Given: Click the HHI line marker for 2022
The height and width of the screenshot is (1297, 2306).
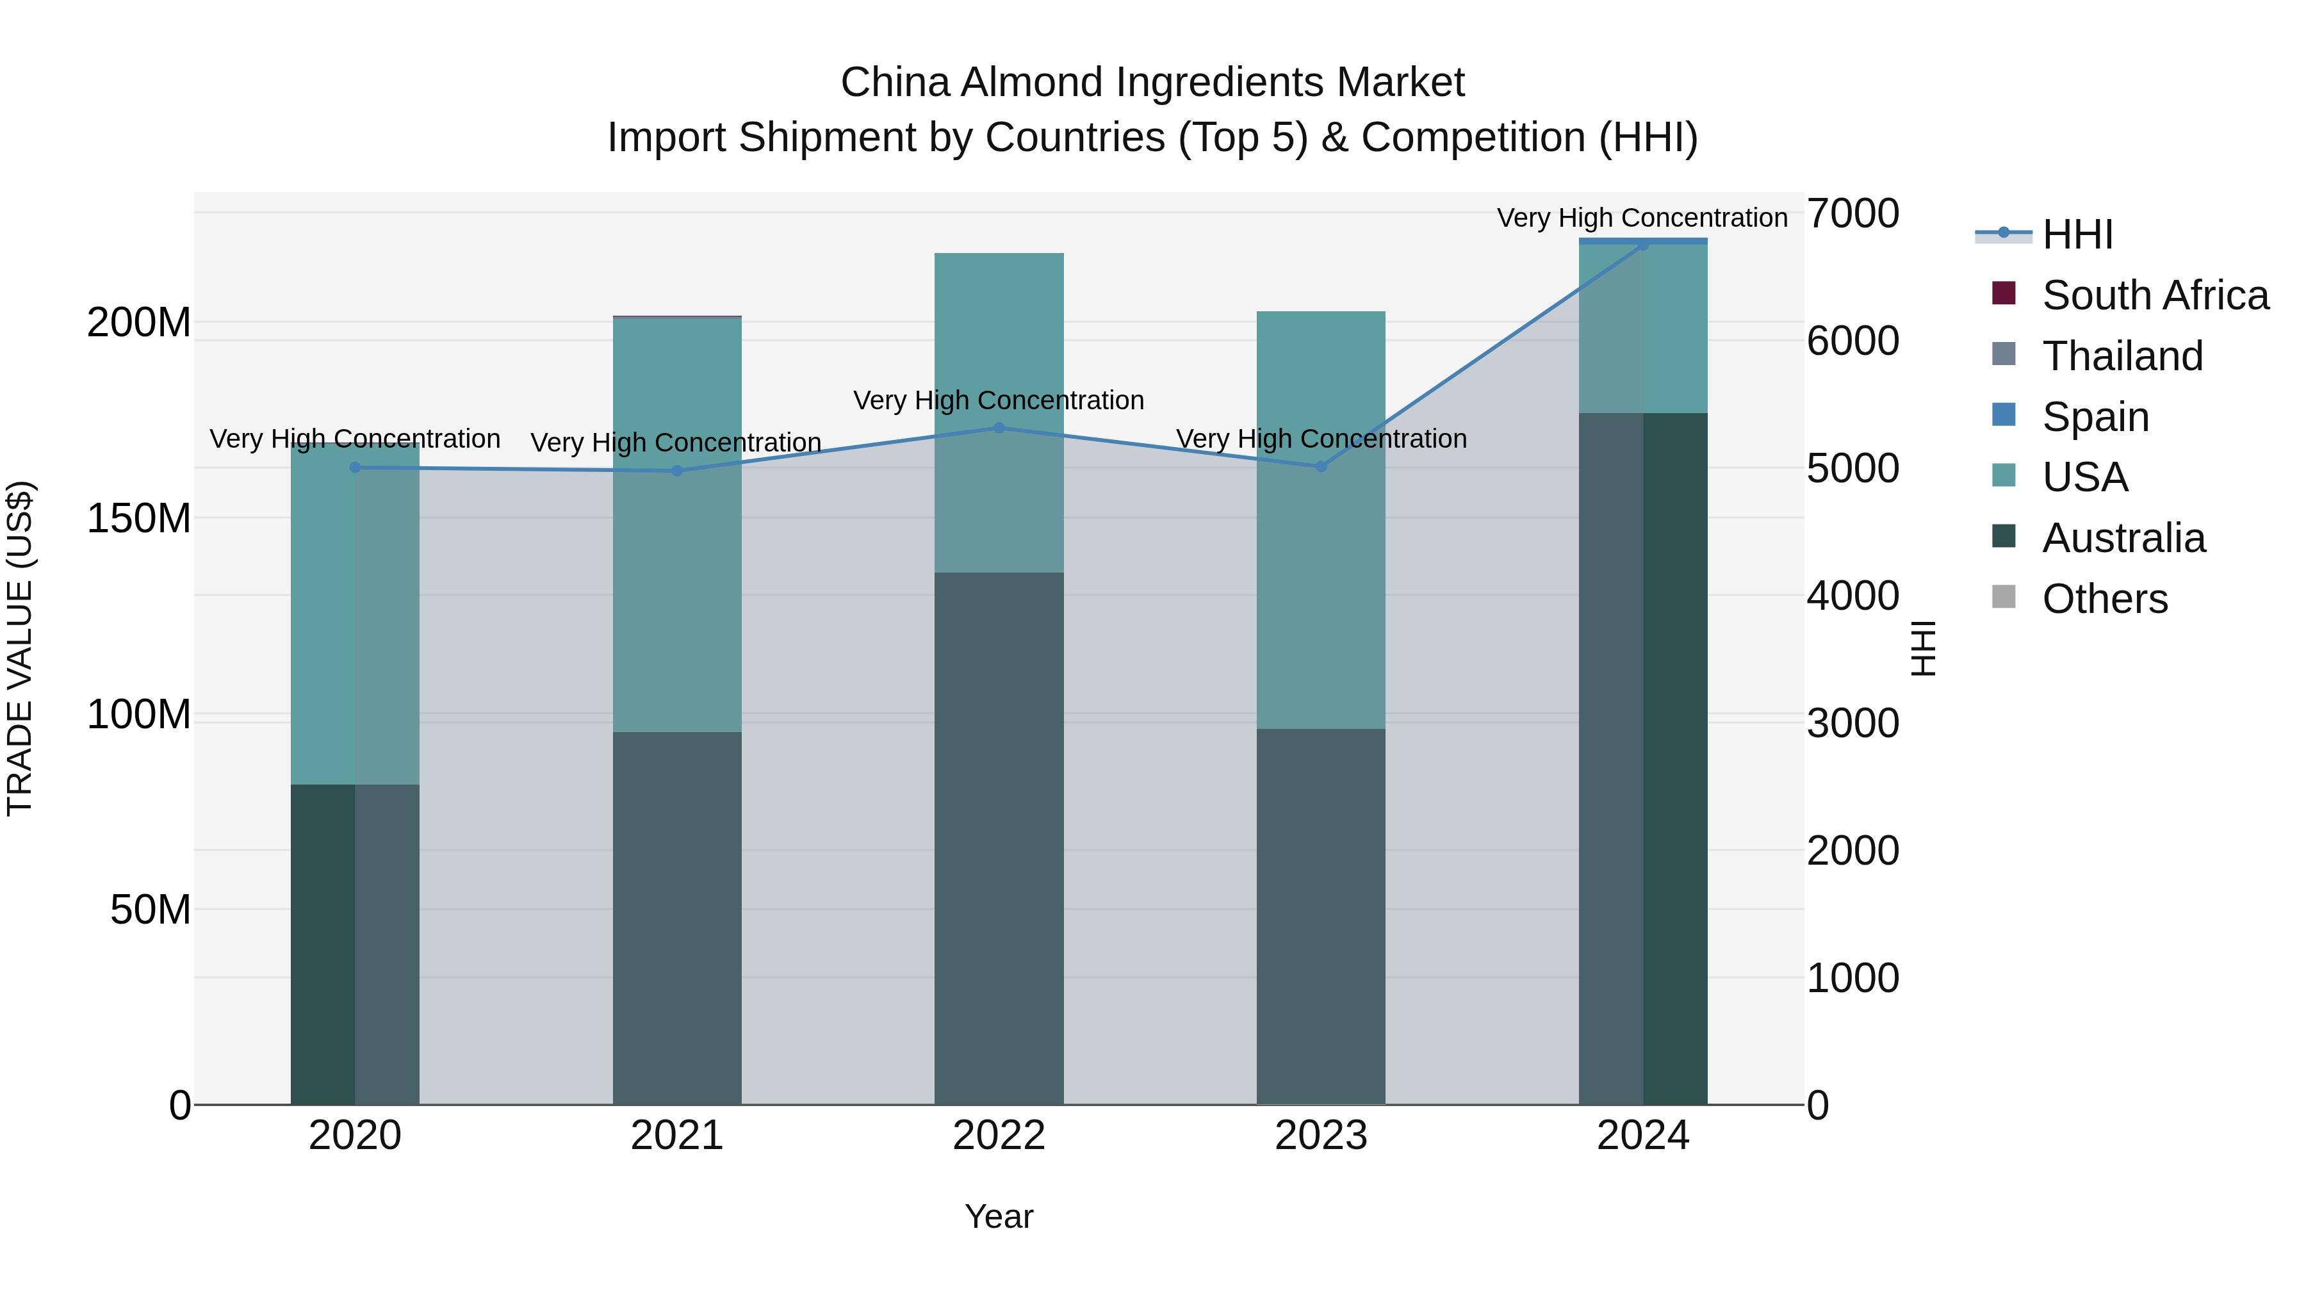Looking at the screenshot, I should [999, 428].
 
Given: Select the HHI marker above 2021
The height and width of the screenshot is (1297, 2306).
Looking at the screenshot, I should [677, 471].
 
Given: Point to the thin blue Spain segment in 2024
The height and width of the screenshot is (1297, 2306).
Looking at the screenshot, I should [1642, 241].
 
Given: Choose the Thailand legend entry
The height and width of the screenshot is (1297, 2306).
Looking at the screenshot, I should [2122, 356].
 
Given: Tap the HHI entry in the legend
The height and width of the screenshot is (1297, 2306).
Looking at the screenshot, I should [2077, 234].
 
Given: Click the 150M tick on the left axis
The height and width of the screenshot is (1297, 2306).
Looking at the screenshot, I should [139, 518].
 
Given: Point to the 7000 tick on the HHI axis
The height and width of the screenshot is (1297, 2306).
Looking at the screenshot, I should [1852, 214].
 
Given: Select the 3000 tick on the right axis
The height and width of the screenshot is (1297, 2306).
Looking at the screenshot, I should [1852, 723].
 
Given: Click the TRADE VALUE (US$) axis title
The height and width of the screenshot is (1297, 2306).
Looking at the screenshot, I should [20, 648].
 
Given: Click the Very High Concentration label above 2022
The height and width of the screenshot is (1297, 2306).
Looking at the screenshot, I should [999, 400].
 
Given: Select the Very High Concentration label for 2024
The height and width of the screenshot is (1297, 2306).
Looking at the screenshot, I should [1642, 218].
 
